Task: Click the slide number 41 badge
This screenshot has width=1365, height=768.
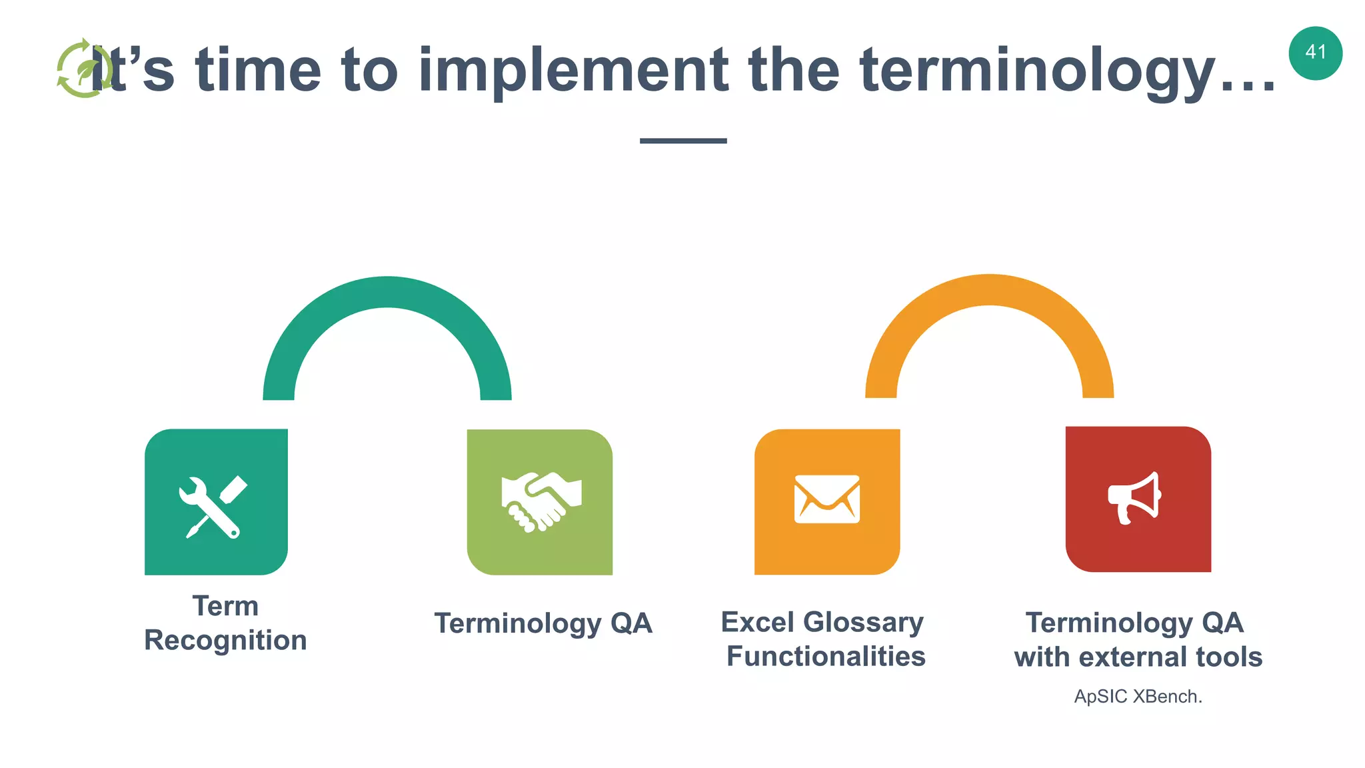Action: click(1315, 53)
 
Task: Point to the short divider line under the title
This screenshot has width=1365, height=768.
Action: click(683, 141)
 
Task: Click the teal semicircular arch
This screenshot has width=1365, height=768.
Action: click(387, 292)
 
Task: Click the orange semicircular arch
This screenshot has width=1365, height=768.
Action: click(989, 290)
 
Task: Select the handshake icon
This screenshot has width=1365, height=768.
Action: click(541, 501)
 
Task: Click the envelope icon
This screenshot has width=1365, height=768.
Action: click(827, 499)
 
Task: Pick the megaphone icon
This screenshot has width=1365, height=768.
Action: click(1134, 498)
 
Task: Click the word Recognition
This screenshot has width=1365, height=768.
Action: click(225, 640)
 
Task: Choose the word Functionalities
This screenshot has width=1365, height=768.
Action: click(826, 657)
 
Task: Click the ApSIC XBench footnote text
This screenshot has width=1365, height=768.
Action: click(1138, 697)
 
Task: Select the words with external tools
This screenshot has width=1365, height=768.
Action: click(1138, 657)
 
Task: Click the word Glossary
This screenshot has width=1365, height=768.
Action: click(864, 623)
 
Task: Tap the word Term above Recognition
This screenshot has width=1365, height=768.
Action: click(225, 606)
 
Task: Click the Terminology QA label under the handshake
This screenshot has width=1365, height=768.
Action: click(543, 623)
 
